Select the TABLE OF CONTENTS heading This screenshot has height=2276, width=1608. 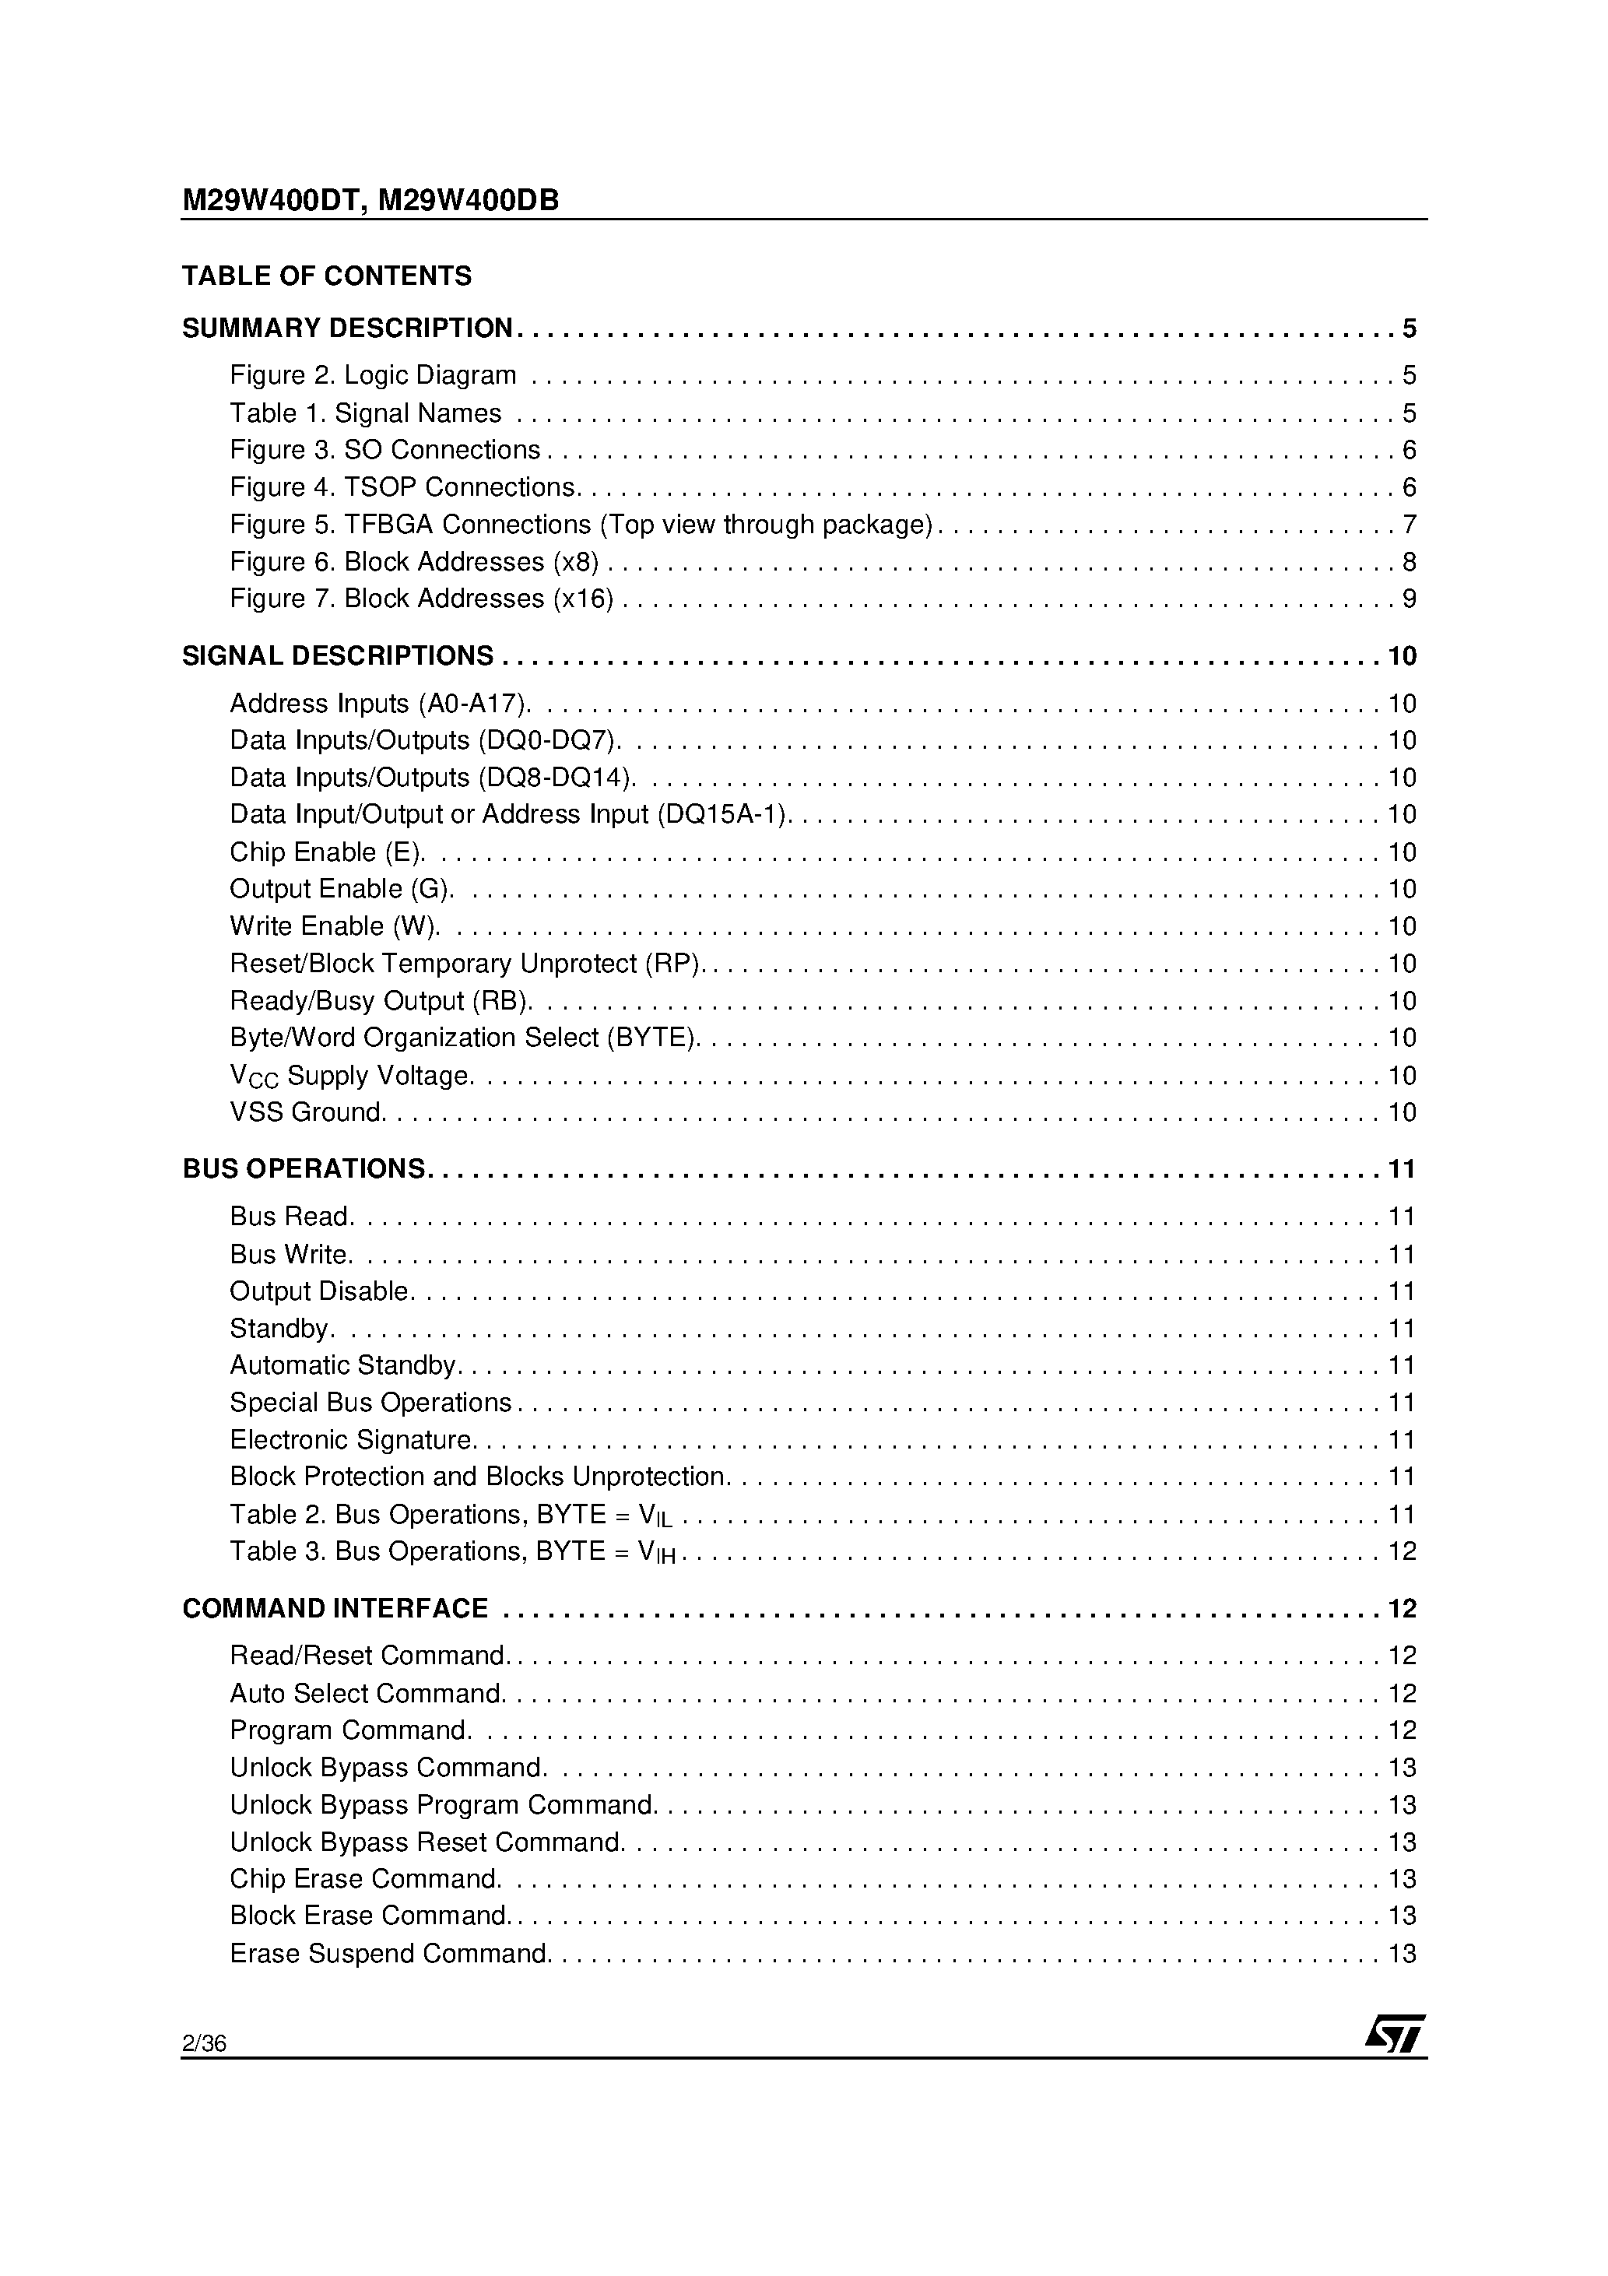click(x=327, y=276)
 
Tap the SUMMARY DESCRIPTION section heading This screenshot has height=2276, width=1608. click(x=347, y=328)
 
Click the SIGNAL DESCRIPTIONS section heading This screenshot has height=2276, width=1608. click(x=338, y=656)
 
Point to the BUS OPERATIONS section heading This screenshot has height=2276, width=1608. click(x=304, y=1168)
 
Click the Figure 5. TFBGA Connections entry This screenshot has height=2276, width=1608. click(x=581, y=525)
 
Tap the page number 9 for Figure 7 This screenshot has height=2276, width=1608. click(x=1409, y=599)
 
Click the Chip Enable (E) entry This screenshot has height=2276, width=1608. click(x=327, y=852)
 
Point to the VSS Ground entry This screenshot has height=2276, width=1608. click(x=307, y=1112)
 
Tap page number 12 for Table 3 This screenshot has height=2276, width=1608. click(x=1402, y=1551)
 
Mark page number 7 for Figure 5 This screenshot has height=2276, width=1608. click(x=1409, y=525)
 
